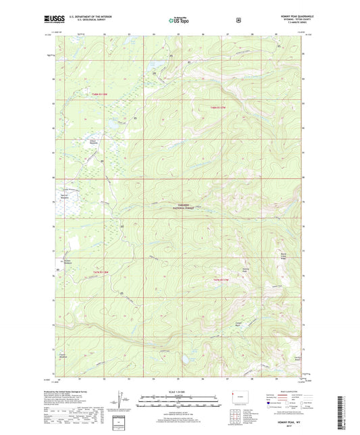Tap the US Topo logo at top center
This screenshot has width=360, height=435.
pyautogui.click(x=179, y=20)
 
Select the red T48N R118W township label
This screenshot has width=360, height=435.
pyautogui.click(x=99, y=93)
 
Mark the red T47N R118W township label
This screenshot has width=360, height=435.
pyautogui.click(x=99, y=272)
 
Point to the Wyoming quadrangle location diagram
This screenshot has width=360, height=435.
pyautogui.click(x=241, y=400)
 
